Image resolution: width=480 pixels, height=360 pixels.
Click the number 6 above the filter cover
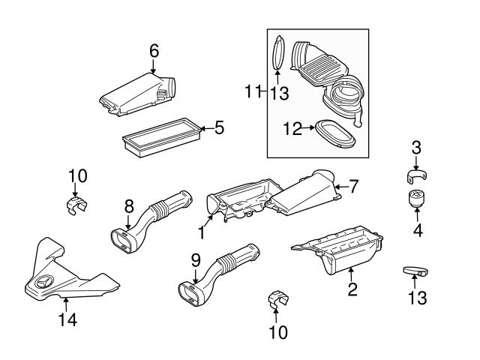(x=154, y=51)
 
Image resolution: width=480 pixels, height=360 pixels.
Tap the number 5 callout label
(x=218, y=127)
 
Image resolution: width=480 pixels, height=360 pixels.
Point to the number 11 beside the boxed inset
(x=251, y=91)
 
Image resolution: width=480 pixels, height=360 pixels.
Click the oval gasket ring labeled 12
(x=336, y=133)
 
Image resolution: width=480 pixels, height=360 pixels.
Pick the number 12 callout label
(x=292, y=129)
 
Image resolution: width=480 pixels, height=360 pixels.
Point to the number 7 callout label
(x=354, y=184)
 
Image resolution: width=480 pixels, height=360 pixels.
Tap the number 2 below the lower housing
(x=351, y=289)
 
